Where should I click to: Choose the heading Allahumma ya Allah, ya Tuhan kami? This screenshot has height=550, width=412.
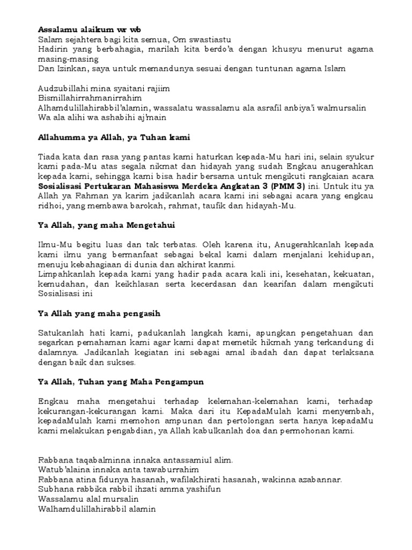(114, 137)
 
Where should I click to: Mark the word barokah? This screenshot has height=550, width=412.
(162, 205)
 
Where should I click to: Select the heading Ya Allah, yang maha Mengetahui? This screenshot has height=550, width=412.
(107, 225)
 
